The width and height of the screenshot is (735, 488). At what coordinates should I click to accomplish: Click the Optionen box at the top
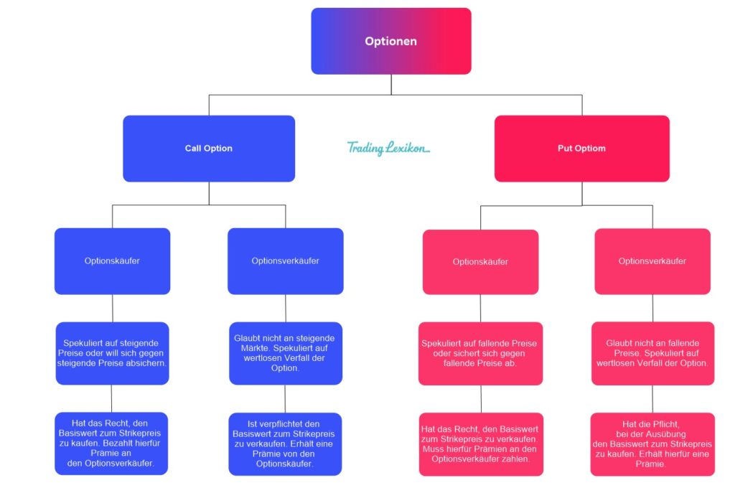click(x=390, y=41)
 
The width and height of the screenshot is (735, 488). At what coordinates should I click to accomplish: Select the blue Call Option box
click(x=209, y=149)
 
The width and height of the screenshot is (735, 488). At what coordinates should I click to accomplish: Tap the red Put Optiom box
click(x=581, y=149)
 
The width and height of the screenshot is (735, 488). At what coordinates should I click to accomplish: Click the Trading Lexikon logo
click(x=388, y=148)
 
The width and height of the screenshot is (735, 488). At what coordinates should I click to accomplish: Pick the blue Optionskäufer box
click(x=112, y=261)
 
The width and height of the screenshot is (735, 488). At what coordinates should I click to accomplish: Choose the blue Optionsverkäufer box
click(x=285, y=261)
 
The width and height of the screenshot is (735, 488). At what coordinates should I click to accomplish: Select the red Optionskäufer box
click(x=480, y=262)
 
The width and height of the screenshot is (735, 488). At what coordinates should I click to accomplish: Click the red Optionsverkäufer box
click(x=652, y=261)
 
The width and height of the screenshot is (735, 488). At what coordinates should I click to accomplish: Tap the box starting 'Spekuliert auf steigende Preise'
click(x=112, y=353)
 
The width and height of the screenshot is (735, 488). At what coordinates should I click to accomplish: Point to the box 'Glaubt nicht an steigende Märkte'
click(x=285, y=353)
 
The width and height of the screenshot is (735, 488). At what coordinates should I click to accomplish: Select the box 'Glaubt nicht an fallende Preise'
click(x=652, y=353)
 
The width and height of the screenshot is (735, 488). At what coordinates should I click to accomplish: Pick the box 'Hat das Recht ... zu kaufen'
click(x=111, y=444)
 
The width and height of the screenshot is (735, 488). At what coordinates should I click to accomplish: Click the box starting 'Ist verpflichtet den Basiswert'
click(x=285, y=444)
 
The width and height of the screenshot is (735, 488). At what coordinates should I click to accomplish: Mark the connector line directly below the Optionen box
click(x=391, y=84)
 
